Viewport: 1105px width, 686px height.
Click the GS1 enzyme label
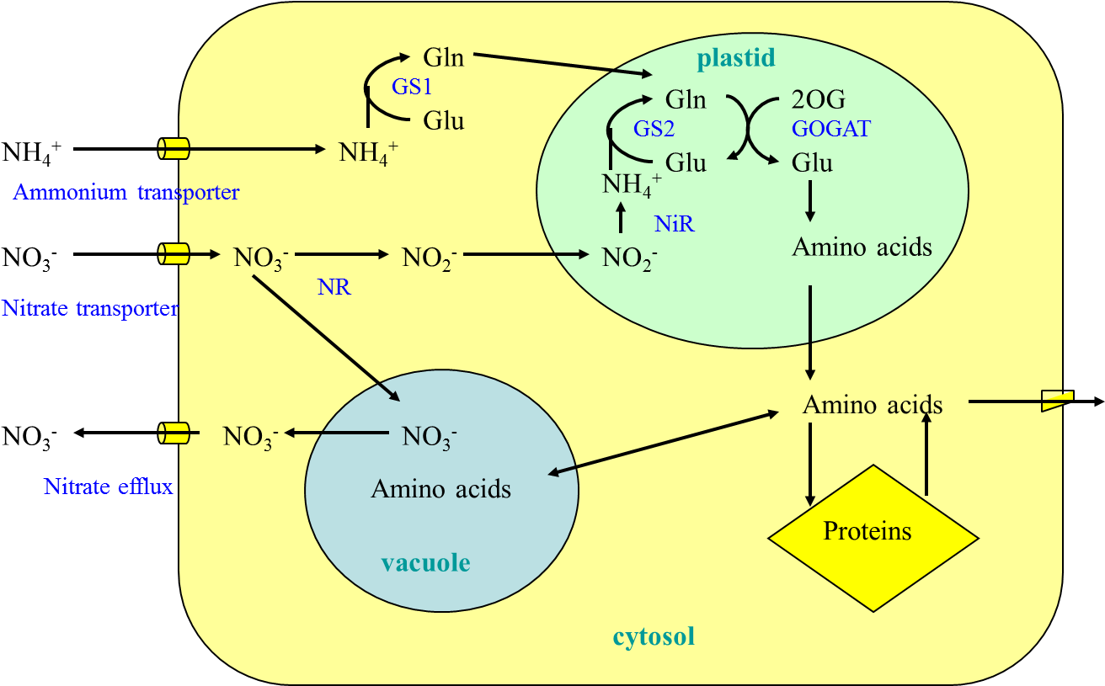tap(412, 87)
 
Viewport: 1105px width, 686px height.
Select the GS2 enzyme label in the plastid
tap(654, 129)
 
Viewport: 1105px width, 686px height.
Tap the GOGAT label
tap(830, 129)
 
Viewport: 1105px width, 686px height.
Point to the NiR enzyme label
tap(674, 224)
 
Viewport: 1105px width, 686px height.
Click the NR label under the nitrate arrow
tap(334, 288)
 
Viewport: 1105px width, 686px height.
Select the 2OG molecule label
tap(818, 99)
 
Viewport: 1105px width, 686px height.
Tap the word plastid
tap(735, 58)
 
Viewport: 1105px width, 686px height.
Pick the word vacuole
tap(425, 562)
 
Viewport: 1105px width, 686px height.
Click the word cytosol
tap(654, 636)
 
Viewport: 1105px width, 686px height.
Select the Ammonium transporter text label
tap(126, 193)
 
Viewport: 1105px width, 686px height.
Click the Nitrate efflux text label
tap(108, 487)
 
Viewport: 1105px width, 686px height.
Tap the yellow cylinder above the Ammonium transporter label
tap(174, 149)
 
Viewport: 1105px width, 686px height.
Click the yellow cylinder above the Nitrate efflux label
tap(174, 433)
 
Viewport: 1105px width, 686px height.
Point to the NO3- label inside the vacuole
tap(430, 437)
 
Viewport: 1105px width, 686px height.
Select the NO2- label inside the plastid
tap(629, 258)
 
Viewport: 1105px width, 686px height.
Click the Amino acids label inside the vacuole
tap(440, 489)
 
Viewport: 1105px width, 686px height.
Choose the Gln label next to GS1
tap(443, 58)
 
